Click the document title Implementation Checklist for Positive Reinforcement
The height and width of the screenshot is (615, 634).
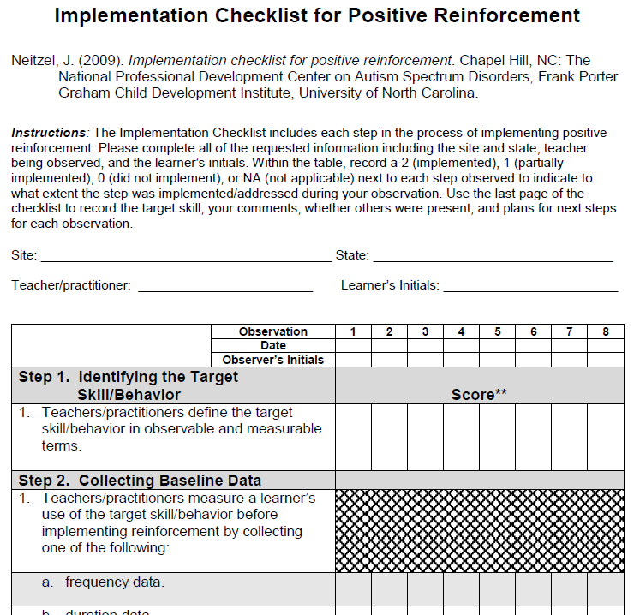(317, 15)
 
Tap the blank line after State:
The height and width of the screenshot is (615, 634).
(493, 255)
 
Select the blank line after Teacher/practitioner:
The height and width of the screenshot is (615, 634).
(224, 286)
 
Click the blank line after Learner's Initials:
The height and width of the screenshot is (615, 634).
(529, 286)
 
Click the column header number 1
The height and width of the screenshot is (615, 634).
(353, 331)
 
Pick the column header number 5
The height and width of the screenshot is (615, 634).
(497, 331)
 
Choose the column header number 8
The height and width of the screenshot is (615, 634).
(606, 331)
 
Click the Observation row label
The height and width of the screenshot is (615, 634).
(273, 331)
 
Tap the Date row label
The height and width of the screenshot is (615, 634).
(273, 346)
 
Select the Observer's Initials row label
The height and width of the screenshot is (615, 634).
(273, 360)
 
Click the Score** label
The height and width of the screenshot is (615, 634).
(479, 395)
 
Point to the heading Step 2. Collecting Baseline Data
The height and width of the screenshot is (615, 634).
(140, 481)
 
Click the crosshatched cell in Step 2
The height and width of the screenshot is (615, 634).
(479, 530)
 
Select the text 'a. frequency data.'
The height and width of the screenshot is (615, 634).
(103, 582)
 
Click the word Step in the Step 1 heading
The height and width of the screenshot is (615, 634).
(35, 377)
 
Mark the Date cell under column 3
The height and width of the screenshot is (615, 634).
(425, 346)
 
